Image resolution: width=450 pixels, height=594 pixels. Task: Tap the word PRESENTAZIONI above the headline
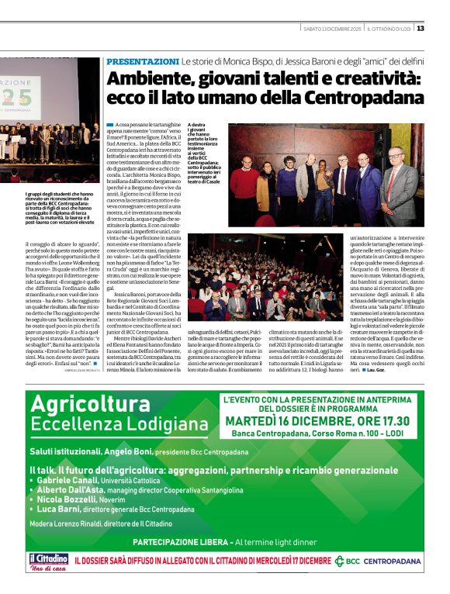(142, 60)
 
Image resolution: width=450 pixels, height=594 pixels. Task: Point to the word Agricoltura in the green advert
(89, 406)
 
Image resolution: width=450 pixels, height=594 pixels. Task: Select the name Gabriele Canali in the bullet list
(71, 481)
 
